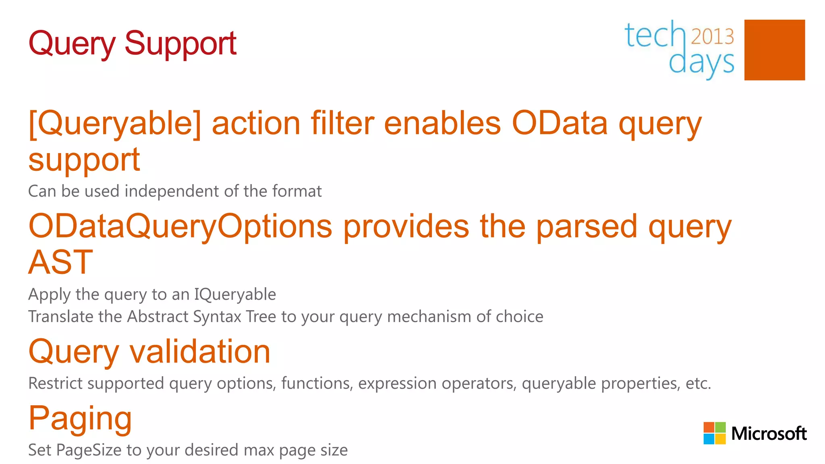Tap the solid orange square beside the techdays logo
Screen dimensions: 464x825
coord(774,50)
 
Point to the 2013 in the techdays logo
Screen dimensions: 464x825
coord(712,37)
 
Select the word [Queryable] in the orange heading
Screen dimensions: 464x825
coord(114,124)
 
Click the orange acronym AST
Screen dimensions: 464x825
coord(60,262)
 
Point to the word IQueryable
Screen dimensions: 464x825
coord(235,294)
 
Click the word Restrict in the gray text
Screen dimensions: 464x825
coord(55,383)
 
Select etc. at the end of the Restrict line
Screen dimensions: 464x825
coord(698,383)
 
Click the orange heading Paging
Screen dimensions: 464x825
coord(80,419)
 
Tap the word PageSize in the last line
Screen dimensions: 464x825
coord(89,450)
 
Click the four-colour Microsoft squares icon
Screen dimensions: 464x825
coord(714,433)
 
